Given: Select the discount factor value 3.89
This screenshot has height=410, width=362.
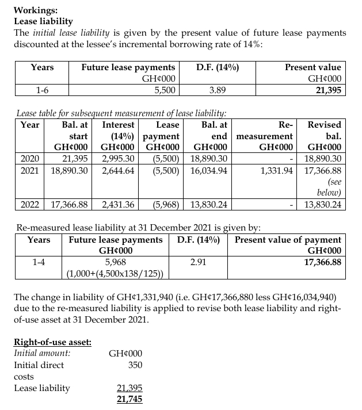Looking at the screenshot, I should click(218, 90).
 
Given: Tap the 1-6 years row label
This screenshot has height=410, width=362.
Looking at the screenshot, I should click(41, 90).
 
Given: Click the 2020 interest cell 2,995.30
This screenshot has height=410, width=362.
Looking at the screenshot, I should click(118, 159).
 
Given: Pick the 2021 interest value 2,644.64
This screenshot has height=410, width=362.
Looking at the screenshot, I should click(118, 171).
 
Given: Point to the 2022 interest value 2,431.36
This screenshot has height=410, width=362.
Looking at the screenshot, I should click(118, 205).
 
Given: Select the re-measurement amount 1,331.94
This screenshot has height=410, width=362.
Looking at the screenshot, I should click(278, 171).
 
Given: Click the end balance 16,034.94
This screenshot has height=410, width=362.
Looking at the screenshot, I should click(207, 171).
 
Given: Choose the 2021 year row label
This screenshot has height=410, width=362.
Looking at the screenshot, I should click(30, 171).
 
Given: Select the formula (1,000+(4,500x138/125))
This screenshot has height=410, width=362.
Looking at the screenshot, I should click(116, 273).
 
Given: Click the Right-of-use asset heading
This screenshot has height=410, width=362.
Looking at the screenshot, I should click(52, 342).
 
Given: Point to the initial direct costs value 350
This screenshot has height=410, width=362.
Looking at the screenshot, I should click(134, 365).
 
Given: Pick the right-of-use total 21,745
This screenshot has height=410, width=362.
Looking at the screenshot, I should click(130, 399).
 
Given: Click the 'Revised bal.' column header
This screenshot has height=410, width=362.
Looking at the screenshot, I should click(325, 131).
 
